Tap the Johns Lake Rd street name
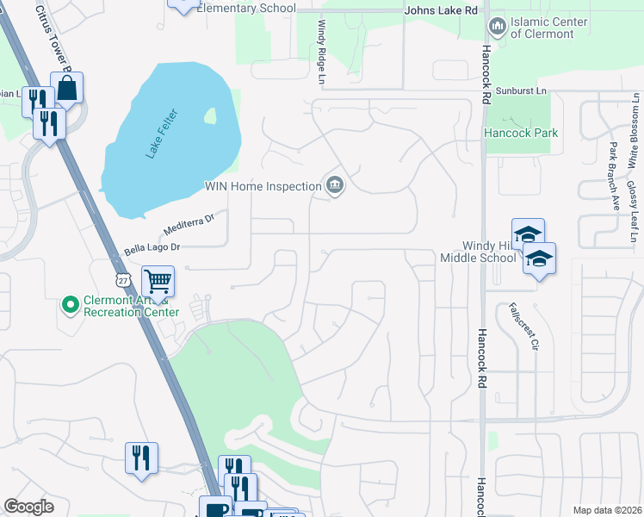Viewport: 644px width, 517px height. tap(441, 9)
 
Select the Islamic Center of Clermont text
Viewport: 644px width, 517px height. tap(548, 28)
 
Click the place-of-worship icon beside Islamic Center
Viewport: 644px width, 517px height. tap(496, 27)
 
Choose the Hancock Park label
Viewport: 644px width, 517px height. tap(521, 133)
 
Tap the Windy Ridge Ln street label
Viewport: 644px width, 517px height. tap(324, 53)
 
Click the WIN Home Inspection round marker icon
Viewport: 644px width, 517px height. tap(334, 185)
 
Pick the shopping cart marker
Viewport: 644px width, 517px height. tap(158, 281)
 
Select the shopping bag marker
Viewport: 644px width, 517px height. tap(66, 87)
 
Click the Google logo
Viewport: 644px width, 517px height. tap(29, 507)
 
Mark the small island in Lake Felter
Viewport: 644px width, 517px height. tap(210, 115)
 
